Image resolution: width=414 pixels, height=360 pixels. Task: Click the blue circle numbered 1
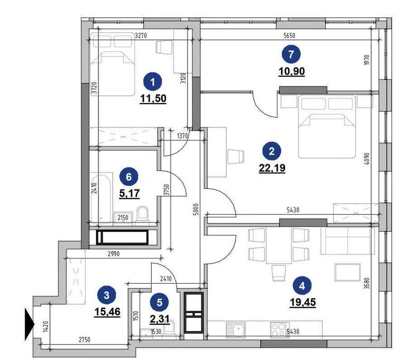(152, 81)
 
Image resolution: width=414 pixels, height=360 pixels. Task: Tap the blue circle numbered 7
(292, 54)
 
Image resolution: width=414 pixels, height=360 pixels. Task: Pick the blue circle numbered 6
(129, 176)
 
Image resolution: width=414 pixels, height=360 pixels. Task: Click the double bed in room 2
(328, 129)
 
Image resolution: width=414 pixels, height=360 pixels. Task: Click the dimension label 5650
(292, 36)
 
